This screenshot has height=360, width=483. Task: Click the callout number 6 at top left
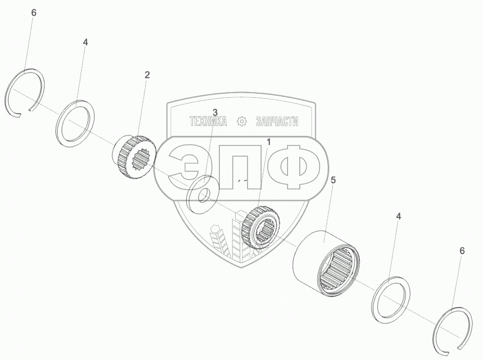[34, 13]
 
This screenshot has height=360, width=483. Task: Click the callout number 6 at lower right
[462, 251]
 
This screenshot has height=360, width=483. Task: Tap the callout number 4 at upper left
[85, 42]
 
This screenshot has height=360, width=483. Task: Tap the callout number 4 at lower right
[399, 216]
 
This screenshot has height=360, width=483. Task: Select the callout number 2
[147, 75]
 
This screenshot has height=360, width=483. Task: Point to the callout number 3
[215, 112]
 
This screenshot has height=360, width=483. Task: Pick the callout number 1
[268, 142]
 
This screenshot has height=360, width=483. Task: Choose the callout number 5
[333, 180]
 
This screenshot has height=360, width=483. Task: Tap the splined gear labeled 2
[132, 157]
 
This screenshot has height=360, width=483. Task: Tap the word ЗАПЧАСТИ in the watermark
[277, 122]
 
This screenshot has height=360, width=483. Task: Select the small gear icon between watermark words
[242, 122]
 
